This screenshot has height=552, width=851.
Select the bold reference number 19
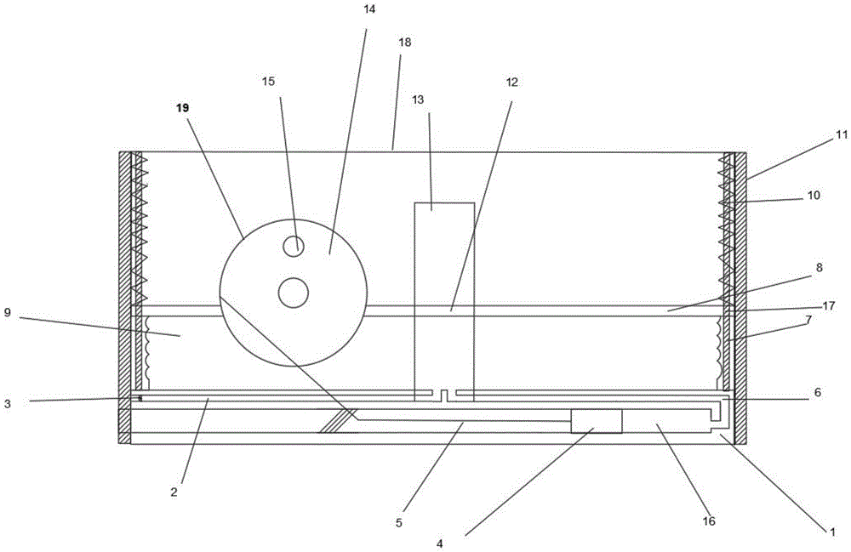coord(184,108)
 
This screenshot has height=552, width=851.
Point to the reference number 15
coord(269,82)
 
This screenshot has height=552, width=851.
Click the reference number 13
coord(418,100)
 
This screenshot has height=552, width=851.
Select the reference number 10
coord(814,195)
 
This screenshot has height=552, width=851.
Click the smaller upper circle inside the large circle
coord(294,246)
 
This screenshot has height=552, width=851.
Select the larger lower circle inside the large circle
coord(293,293)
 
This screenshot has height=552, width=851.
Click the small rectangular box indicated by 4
coord(596,421)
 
